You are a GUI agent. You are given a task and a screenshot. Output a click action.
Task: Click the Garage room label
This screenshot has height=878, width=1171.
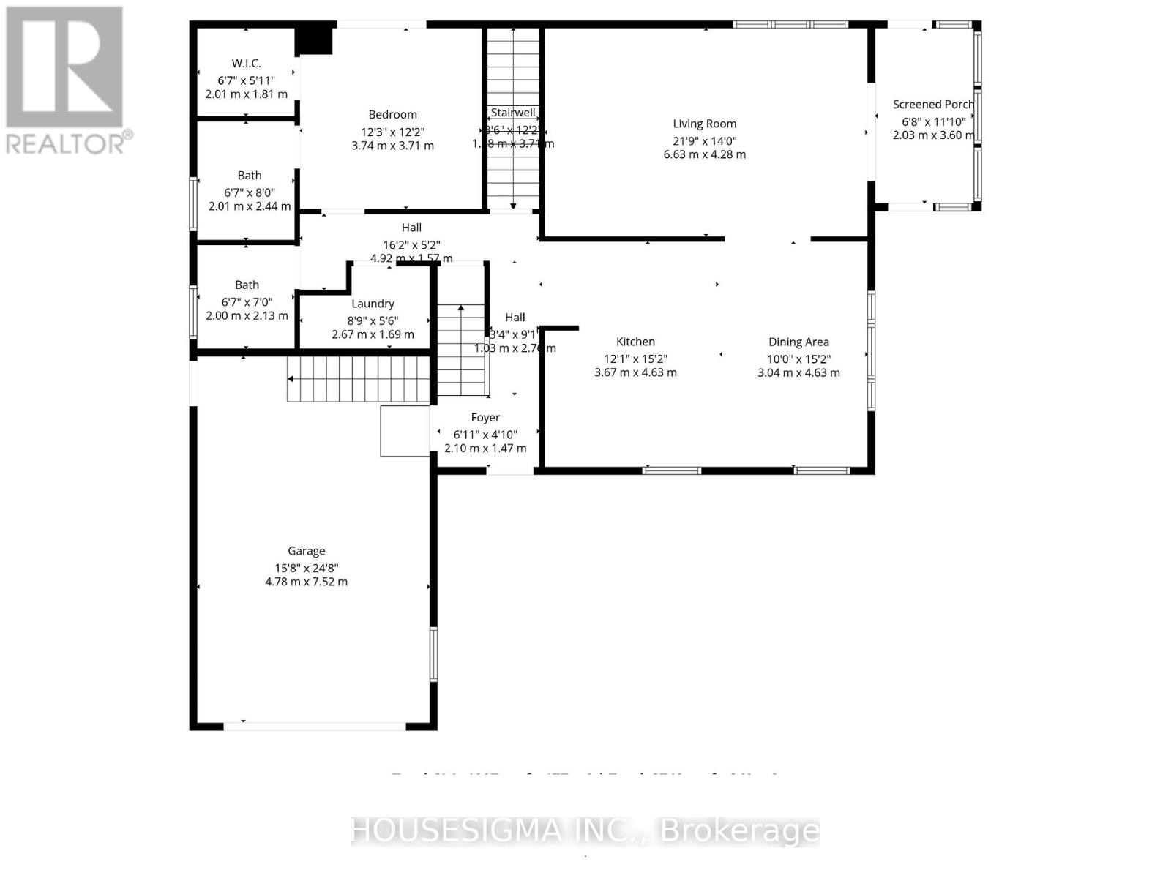coord(306,551)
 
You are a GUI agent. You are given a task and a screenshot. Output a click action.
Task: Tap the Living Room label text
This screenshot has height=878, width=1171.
coord(704,124)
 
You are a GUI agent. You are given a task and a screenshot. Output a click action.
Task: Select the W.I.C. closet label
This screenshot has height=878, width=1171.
coord(246,64)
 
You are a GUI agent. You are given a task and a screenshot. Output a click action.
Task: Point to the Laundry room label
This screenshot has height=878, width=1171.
coord(373,304)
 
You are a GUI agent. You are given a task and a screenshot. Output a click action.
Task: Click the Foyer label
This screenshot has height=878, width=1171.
coord(485,418)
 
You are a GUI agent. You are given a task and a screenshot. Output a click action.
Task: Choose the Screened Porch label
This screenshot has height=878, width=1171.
coord(932,105)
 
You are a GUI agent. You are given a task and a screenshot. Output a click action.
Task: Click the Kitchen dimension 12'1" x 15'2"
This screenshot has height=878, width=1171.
coord(635,359)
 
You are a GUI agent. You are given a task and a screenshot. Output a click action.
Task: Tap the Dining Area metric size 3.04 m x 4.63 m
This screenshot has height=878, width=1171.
coord(798,372)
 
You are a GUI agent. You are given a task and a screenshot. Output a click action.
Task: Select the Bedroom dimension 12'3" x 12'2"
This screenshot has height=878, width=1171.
coord(392,132)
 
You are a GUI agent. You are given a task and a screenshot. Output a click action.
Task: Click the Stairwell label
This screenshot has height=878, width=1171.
coord(512,113)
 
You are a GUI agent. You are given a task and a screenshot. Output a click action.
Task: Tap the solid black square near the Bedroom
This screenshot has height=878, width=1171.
coord(314,40)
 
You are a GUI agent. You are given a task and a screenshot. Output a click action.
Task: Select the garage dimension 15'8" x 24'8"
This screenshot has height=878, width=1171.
coord(306,569)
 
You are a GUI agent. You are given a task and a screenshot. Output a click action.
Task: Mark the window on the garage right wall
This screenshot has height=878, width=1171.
coord(433,654)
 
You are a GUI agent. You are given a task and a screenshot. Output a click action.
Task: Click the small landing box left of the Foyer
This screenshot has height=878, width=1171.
coord(405,431)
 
